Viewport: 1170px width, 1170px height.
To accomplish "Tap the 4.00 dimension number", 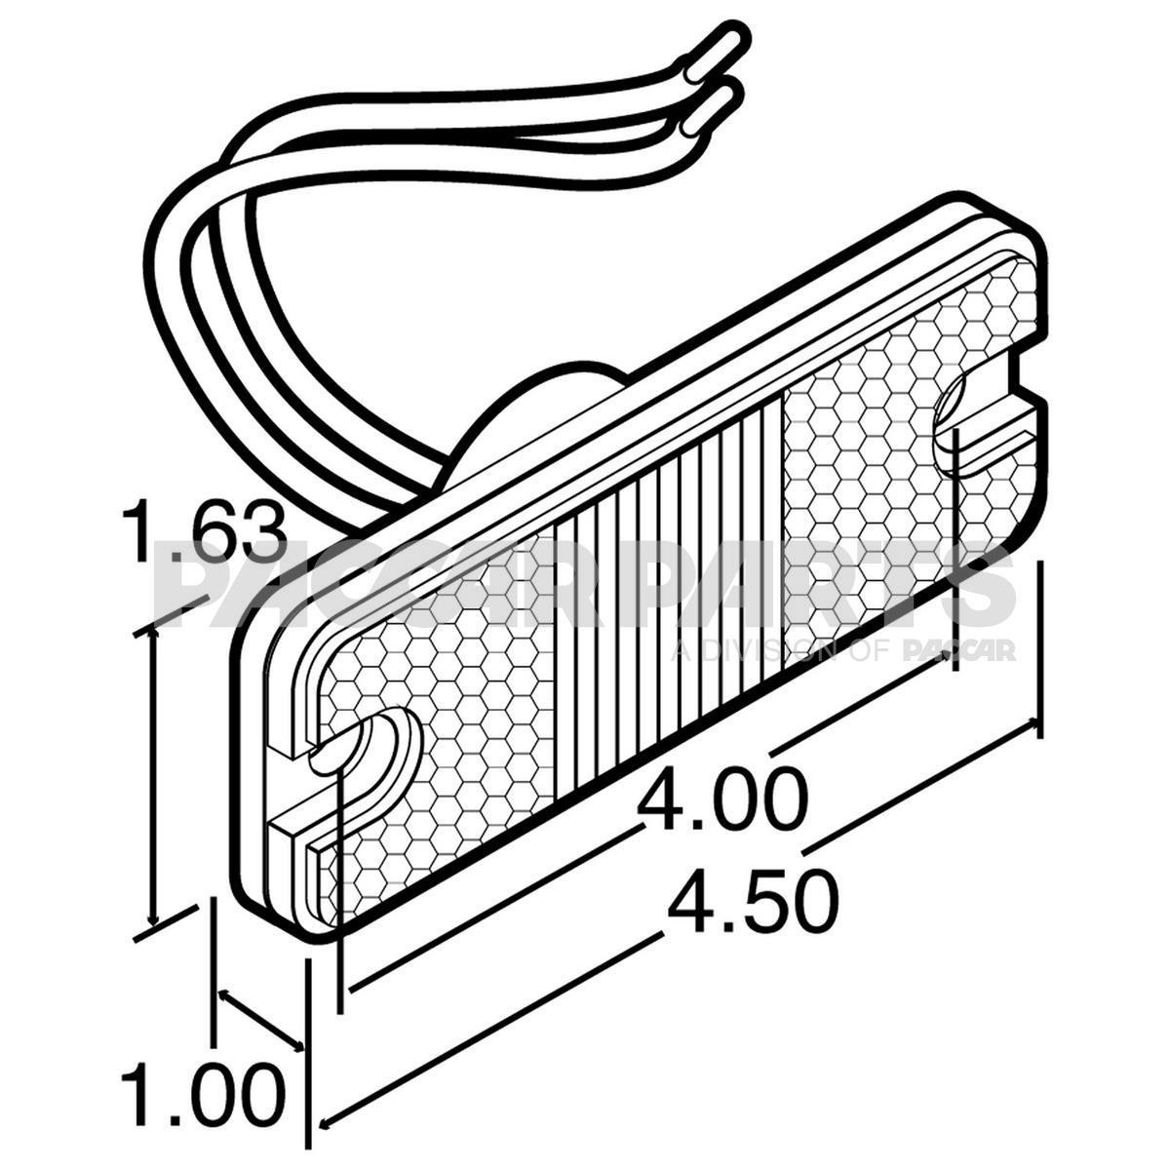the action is (722, 799).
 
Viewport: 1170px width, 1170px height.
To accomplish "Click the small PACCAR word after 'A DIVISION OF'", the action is (960, 651).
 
